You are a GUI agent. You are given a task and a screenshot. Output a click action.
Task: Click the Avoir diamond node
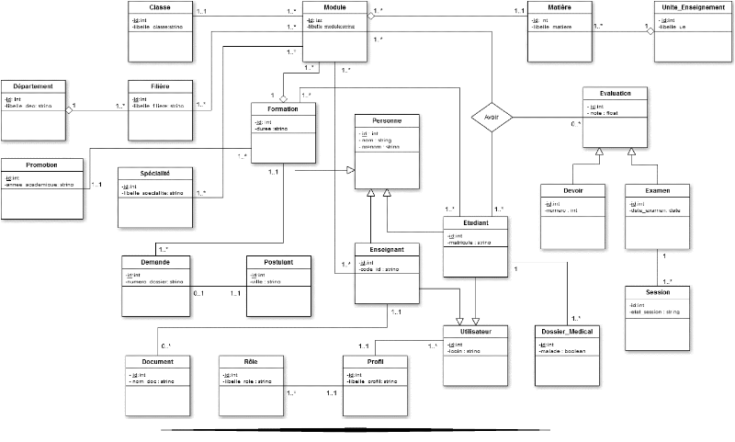pyautogui.click(x=491, y=117)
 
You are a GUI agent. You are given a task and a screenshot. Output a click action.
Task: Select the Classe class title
pyautogui.click(x=161, y=7)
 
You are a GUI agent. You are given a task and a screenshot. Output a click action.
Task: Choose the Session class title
pyautogui.click(x=657, y=292)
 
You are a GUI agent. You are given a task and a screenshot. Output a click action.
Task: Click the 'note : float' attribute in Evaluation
pyautogui.click(x=607, y=114)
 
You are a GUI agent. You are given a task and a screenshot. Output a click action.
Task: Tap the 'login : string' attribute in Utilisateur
pyautogui.click(x=466, y=351)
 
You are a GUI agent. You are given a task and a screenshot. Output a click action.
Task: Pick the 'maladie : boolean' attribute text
pyautogui.click(x=562, y=351)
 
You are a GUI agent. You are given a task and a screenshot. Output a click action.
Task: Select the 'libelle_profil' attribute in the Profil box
pyautogui.click(x=370, y=381)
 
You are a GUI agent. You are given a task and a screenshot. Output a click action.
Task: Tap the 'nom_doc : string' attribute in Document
pyautogui.click(x=153, y=381)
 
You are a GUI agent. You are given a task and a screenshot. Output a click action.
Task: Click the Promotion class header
pyautogui.click(x=42, y=165)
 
